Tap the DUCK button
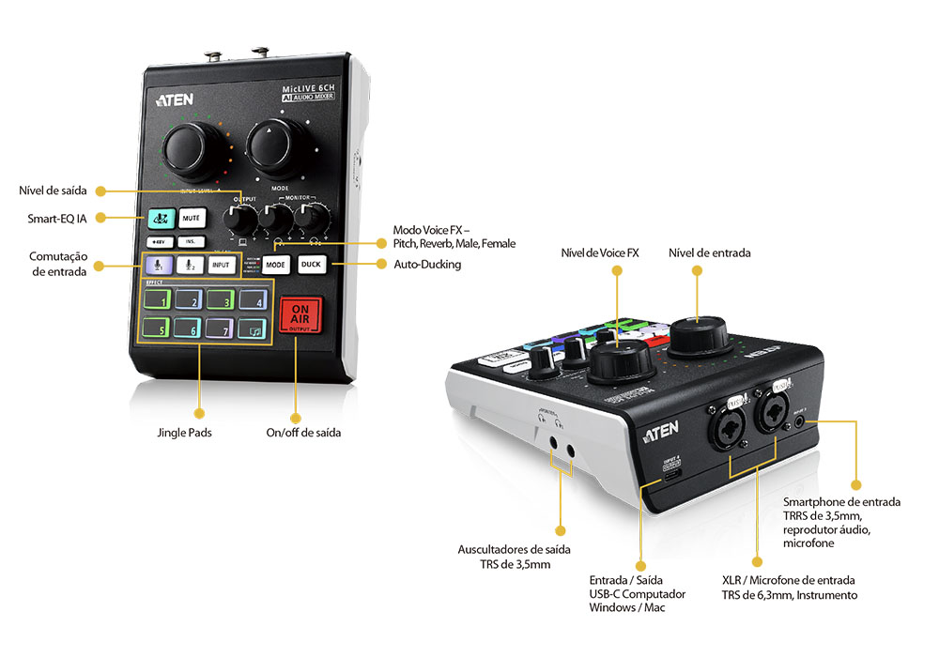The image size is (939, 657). (311, 265)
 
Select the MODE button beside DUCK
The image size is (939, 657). (275, 265)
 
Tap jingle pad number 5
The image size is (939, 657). (158, 329)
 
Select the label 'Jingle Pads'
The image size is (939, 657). (184, 434)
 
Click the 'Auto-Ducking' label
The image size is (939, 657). (427, 265)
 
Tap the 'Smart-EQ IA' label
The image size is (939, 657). (56, 219)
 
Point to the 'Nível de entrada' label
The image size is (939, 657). (710, 252)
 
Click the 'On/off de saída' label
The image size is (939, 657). (303, 434)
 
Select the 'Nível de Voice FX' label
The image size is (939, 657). (600, 252)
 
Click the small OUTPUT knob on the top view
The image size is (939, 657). (241, 220)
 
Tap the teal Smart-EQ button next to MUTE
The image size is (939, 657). (160, 219)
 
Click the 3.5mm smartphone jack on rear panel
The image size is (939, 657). (799, 420)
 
